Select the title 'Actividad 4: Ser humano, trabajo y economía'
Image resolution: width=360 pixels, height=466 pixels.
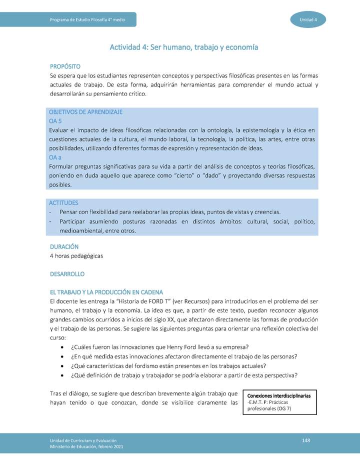183,47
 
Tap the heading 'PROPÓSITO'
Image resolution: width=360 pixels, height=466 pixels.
65,66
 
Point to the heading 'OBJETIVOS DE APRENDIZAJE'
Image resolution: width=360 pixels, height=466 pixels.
85,112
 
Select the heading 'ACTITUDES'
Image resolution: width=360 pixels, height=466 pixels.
63,202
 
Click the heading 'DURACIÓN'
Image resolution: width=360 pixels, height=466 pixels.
64,247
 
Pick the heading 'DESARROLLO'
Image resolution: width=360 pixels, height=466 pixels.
67,274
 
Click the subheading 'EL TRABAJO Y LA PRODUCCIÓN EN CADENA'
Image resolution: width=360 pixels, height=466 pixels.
106,292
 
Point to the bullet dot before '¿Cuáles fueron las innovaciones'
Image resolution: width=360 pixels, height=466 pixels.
61,347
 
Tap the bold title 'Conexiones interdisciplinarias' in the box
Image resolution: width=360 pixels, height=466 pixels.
279,395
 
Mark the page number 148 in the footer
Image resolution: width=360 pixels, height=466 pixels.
306,439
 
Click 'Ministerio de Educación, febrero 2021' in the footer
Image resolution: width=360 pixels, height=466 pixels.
86,446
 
